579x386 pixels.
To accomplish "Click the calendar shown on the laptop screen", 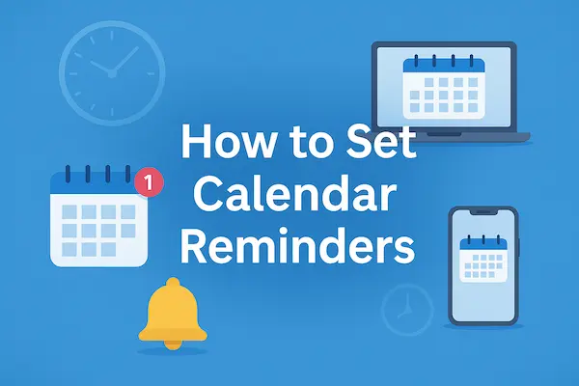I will pyautogui.click(x=442, y=85).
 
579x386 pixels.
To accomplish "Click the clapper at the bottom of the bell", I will pyautogui.click(x=173, y=343).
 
